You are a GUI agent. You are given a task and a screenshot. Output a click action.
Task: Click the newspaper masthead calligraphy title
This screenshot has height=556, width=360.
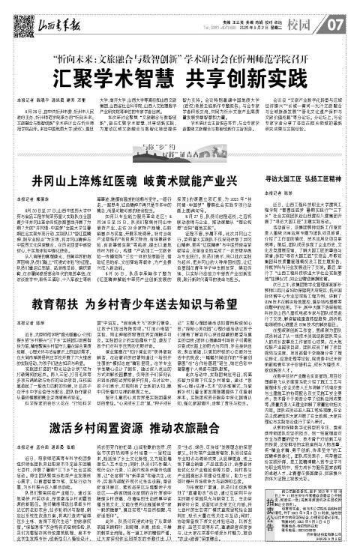[x=46, y=10]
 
